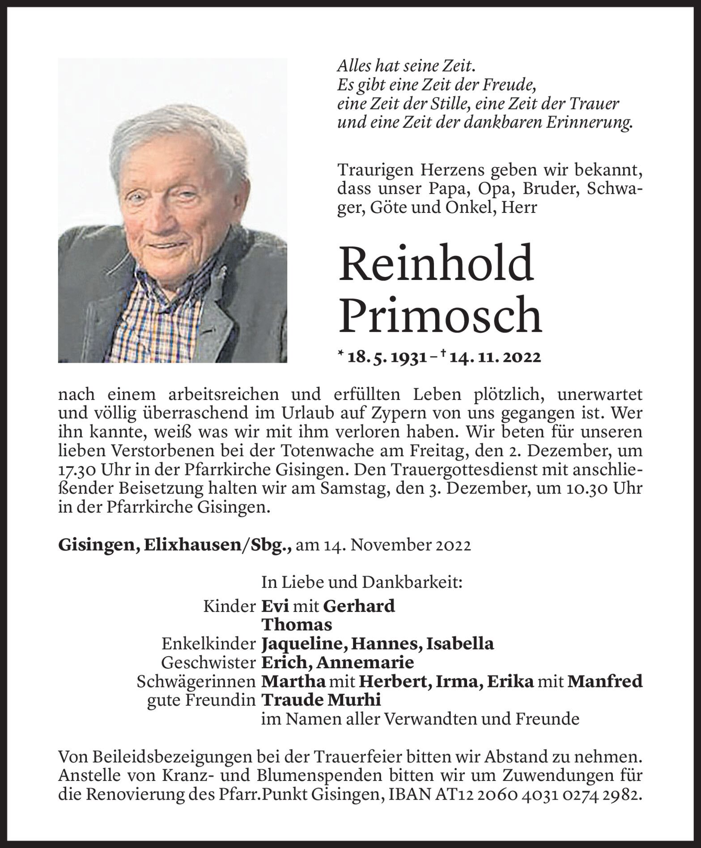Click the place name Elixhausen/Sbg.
click(x=217, y=546)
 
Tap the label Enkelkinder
click(x=208, y=644)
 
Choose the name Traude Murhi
click(x=320, y=700)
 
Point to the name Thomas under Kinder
click(x=296, y=625)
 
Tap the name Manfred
click(x=605, y=681)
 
